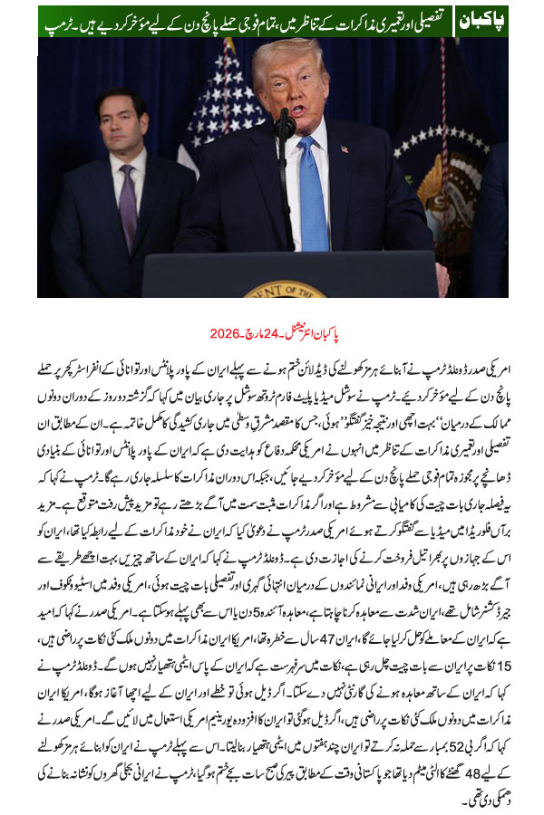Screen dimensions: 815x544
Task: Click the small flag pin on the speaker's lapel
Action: pyautogui.click(x=345, y=149)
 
